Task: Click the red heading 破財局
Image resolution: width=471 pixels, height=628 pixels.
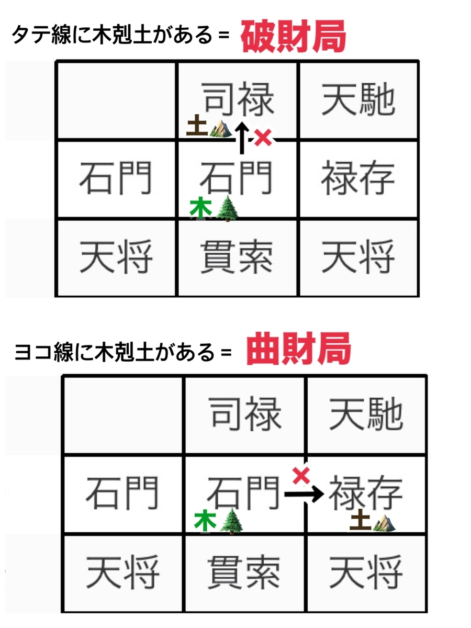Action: [294, 36]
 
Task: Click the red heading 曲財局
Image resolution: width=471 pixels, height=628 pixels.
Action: [298, 348]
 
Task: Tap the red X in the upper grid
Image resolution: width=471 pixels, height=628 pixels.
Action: [263, 138]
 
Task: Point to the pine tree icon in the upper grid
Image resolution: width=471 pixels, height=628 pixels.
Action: [227, 209]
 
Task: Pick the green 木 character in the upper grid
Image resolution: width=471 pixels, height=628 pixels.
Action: [201, 207]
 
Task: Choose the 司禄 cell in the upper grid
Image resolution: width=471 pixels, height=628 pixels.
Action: [238, 100]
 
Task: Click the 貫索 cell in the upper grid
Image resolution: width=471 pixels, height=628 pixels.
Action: [238, 257]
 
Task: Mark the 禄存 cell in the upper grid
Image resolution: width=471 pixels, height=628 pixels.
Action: [358, 178]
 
